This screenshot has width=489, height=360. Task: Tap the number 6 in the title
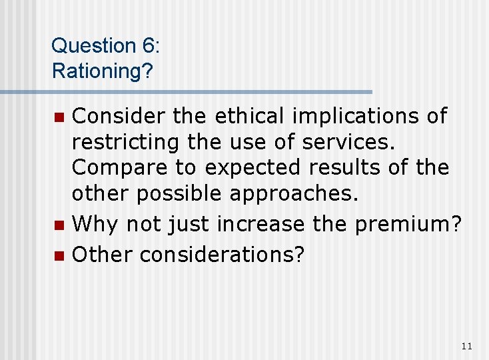[147, 46]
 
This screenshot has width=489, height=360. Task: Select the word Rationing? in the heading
[102, 71]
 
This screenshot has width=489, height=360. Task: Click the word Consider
[117, 117]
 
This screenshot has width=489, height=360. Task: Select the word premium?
[408, 225]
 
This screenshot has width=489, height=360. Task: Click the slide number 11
[466, 345]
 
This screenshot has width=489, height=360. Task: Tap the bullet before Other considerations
[59, 255]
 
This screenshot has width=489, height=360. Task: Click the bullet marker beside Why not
[59, 225]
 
